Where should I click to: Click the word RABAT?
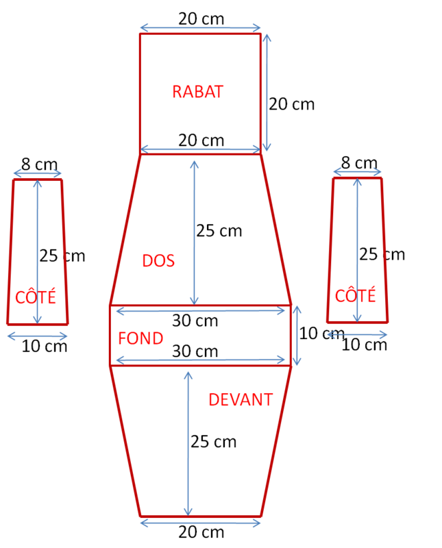point(197,92)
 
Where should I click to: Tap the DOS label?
point(158,261)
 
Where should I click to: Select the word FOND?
point(140,338)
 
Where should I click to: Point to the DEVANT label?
point(241,400)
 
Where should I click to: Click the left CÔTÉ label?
point(36,298)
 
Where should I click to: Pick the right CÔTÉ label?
point(356,296)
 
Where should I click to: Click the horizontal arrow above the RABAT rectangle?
point(200,27)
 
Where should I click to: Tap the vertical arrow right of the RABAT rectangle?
point(267,92)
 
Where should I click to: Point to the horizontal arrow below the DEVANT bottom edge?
point(200,523)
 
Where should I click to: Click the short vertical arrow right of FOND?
point(297,336)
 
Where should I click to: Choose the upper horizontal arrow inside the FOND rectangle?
point(200,311)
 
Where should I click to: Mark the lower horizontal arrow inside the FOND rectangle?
point(200,360)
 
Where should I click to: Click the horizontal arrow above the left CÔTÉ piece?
point(38,173)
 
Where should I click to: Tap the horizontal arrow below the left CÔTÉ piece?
point(38,336)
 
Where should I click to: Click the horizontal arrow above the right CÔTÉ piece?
point(357,171)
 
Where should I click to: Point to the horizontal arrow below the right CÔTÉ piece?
point(358,334)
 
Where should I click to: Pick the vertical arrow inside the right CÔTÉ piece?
point(357,249)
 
